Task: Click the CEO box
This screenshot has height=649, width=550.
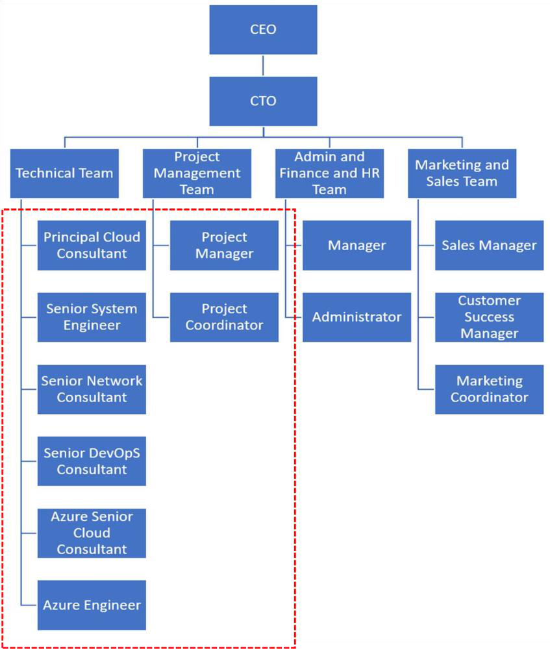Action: [x=263, y=30]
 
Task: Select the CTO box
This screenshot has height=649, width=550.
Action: [x=263, y=101]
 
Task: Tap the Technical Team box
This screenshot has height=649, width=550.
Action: [x=64, y=173]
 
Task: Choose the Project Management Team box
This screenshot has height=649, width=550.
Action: [x=197, y=173]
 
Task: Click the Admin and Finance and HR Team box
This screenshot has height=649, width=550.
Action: [x=329, y=173]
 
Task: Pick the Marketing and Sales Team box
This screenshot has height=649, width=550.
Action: [x=462, y=173]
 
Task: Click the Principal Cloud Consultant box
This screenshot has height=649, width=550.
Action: [x=92, y=246]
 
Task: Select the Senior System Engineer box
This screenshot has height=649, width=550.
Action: [x=92, y=317]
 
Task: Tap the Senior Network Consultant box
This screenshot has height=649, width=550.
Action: [x=92, y=389]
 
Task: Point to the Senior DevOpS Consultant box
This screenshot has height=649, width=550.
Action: [x=92, y=461]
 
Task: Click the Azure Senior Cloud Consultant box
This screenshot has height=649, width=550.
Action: [x=92, y=533]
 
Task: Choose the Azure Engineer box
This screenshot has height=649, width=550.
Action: [x=92, y=605]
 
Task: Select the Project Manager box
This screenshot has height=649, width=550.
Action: [x=224, y=246]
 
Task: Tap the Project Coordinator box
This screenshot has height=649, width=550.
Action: [x=224, y=317]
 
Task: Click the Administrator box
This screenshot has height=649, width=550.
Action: [x=356, y=317]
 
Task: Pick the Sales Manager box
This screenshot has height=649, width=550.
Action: [x=489, y=246]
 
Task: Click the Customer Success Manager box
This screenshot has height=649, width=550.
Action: [x=489, y=317]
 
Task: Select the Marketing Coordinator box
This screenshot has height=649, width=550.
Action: [x=489, y=389]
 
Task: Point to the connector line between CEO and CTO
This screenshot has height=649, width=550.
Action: [x=263, y=66]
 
